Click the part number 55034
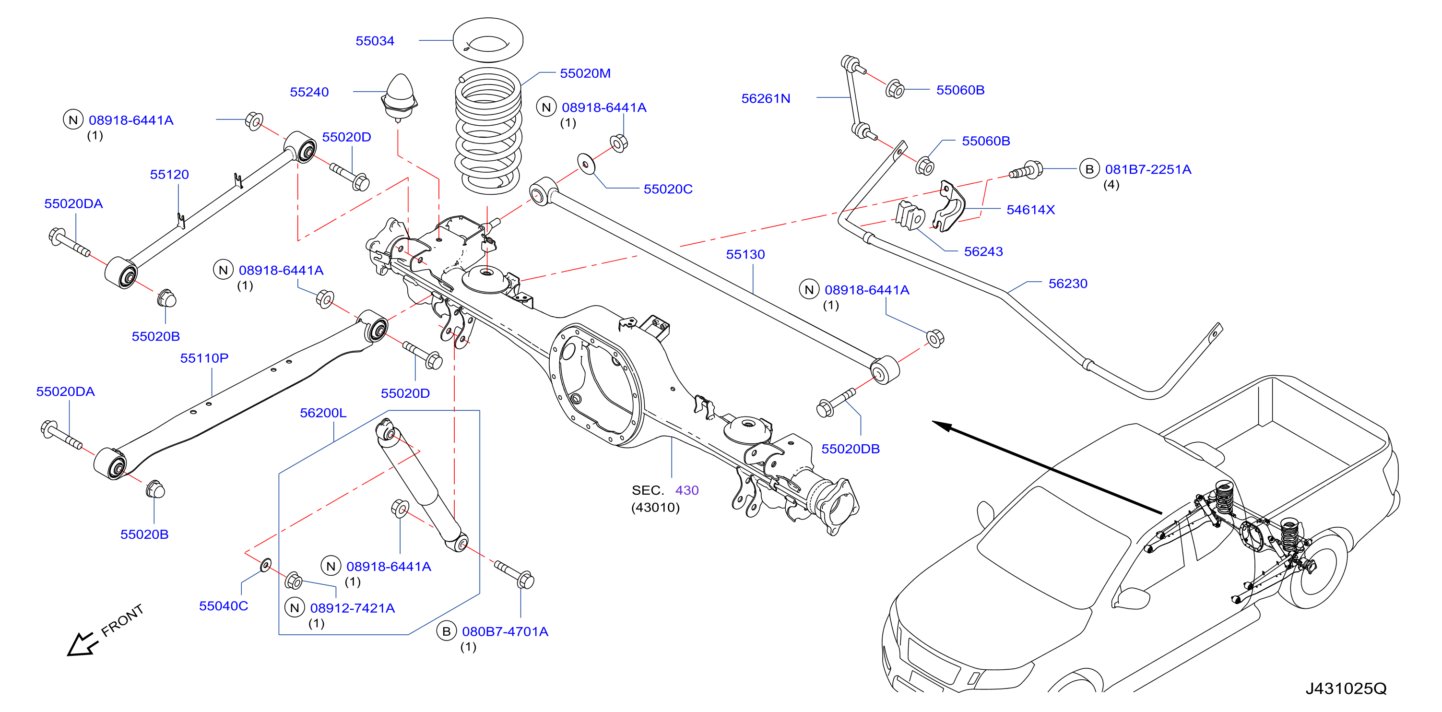click(375, 41)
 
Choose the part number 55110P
click(204, 358)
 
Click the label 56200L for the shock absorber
click(323, 413)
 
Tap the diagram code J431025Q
click(1346, 688)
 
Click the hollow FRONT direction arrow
click(82, 644)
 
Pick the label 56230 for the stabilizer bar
click(1067, 284)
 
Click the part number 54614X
click(1030, 210)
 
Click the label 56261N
click(765, 98)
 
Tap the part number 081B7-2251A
click(1147, 170)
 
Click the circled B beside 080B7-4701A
click(446, 631)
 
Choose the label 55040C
click(224, 605)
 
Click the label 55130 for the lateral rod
click(745, 255)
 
